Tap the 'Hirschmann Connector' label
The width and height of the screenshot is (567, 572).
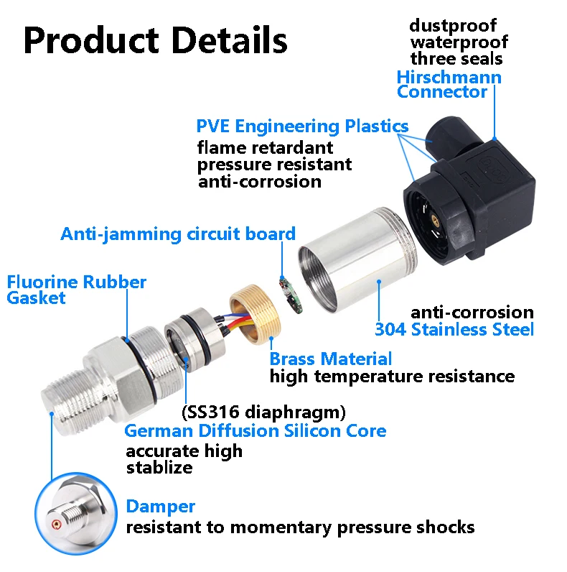tap(449, 84)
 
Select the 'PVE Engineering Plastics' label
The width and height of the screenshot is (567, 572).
tap(302, 126)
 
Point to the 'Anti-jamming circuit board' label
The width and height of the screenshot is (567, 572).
tap(178, 234)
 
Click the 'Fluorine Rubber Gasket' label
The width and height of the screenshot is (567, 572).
tap(76, 289)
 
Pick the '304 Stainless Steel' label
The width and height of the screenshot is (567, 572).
tap(454, 330)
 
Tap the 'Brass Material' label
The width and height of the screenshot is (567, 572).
tap(331, 359)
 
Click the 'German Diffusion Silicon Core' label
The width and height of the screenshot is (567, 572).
tap(255, 430)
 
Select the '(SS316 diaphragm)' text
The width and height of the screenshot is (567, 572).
tap(264, 412)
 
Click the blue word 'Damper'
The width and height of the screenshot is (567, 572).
tap(160, 507)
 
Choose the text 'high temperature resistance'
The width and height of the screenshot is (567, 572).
tap(392, 376)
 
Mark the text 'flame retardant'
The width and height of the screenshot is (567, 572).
tap(266, 148)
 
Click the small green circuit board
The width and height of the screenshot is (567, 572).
tap(290, 294)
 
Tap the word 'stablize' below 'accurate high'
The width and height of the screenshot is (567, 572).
tap(159, 468)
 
